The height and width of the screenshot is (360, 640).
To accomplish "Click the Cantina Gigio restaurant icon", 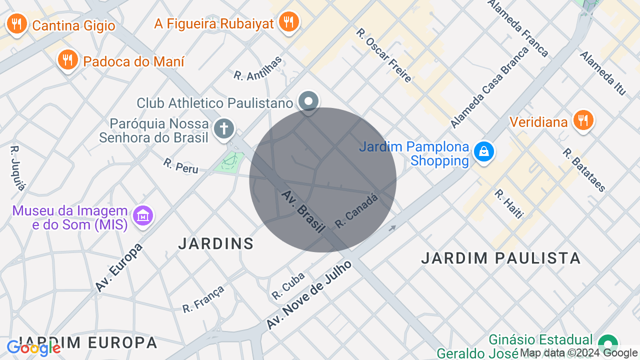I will (x=16, y=23).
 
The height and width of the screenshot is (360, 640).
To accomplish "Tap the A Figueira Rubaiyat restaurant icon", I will (x=288, y=21).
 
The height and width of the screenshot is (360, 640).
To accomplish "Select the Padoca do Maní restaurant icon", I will (x=67, y=59).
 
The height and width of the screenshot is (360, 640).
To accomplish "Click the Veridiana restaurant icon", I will (x=582, y=120).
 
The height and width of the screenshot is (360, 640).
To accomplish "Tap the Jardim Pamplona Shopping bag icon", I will (x=483, y=150).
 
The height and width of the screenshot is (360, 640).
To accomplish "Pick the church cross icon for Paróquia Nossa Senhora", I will (x=223, y=128).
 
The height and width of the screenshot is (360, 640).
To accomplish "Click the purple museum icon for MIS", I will (x=143, y=215).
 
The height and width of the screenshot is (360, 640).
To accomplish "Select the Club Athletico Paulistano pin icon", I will (x=308, y=102).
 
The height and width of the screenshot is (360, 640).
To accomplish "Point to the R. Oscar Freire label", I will (x=383, y=55).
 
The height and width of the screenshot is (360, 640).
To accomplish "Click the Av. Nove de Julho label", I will (x=309, y=295).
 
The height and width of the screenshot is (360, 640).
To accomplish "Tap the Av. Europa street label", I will (x=119, y=267).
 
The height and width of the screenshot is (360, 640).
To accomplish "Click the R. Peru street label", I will (x=180, y=165).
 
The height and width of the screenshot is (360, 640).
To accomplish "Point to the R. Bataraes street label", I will (x=584, y=170).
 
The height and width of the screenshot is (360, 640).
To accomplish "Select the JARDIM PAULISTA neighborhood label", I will (x=500, y=258).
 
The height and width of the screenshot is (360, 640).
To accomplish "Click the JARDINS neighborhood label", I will (x=216, y=243).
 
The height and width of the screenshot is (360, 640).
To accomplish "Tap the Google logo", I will (x=33, y=348).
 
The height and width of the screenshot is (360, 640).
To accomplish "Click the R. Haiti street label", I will (x=509, y=204).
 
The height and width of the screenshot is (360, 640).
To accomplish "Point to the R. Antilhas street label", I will (x=258, y=68).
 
